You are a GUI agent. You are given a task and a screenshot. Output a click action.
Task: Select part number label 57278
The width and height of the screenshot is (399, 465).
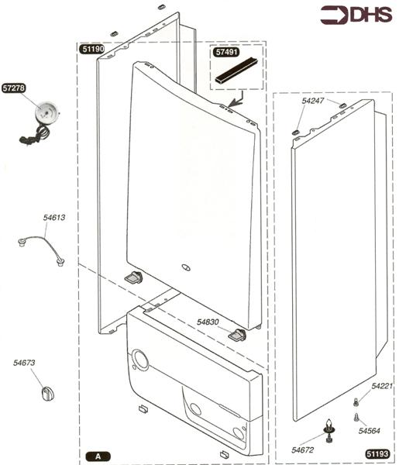[15, 88]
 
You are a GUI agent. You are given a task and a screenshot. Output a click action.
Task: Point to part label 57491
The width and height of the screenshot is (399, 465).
[225, 52]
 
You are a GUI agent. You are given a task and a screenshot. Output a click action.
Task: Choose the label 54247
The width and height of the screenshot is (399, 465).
[314, 102]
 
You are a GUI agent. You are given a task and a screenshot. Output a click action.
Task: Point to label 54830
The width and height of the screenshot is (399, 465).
[209, 322]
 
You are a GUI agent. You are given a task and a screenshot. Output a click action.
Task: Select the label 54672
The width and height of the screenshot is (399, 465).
[303, 449]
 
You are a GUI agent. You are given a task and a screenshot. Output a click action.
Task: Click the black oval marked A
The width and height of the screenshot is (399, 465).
[98, 455]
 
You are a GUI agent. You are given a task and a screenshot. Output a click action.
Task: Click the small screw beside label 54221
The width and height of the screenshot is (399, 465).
[356, 401]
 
